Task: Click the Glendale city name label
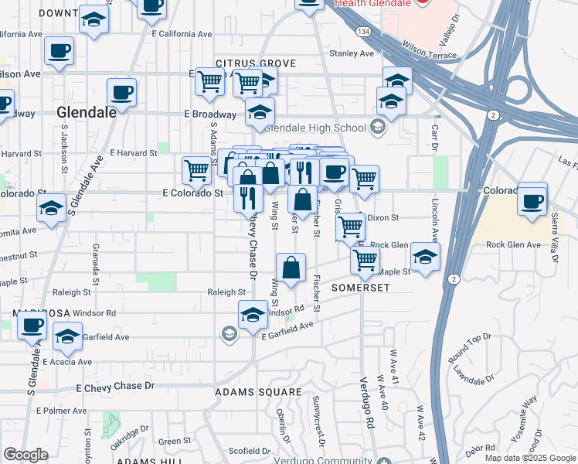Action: coord(87,112)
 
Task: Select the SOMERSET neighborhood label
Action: coord(360,287)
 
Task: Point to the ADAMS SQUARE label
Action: coord(248,392)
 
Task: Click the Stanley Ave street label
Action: coord(352,53)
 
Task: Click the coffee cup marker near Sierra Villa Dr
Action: coord(532,201)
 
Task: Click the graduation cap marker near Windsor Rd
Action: coord(252,314)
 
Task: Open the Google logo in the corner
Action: coord(25,455)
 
